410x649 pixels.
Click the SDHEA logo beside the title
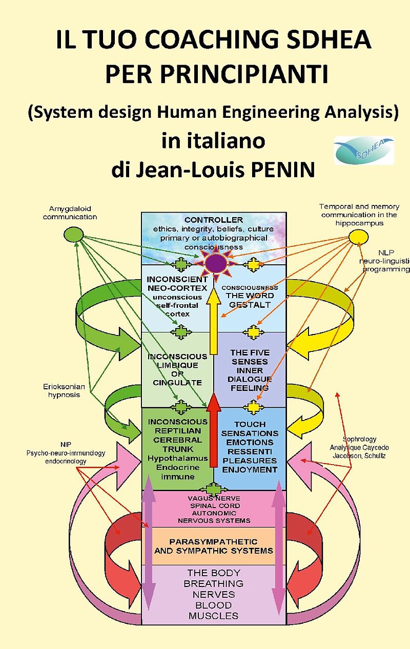(364, 150)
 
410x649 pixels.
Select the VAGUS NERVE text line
(214, 498)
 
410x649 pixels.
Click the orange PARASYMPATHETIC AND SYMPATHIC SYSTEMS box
(213, 546)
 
